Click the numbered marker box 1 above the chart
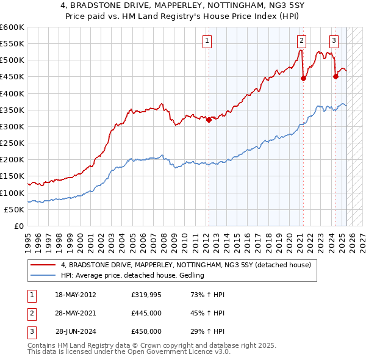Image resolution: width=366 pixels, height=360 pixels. (x=207, y=41)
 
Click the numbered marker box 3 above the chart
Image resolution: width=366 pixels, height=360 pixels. (x=334, y=41)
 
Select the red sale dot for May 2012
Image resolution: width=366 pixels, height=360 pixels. (x=209, y=120)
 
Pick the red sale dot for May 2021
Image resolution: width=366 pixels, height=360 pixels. (x=303, y=78)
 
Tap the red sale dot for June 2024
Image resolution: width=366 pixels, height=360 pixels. (x=335, y=76)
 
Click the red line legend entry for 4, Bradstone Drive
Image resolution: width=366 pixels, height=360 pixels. (x=186, y=265)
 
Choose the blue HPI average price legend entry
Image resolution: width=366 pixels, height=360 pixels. (x=132, y=275)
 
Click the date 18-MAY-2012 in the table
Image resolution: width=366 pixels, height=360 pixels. (x=76, y=295)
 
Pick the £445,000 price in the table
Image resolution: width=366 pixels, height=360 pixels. (x=146, y=313)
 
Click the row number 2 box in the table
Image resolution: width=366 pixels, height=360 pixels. (x=31, y=313)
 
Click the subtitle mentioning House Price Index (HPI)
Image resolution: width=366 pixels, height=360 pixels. (x=183, y=16)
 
